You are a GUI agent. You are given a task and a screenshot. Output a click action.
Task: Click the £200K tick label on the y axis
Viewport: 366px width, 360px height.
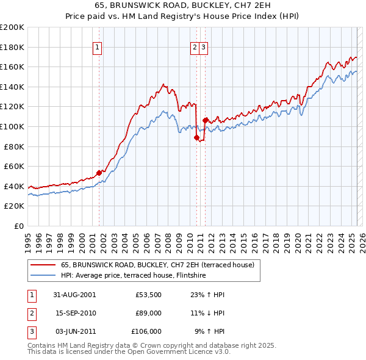click(x=12, y=27)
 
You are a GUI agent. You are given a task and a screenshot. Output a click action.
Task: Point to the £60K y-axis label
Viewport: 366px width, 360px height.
click(x=14, y=166)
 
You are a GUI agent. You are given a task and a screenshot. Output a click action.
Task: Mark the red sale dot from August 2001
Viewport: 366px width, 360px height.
click(x=99, y=173)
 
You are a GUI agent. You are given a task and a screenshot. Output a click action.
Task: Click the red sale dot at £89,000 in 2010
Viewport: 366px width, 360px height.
click(x=196, y=137)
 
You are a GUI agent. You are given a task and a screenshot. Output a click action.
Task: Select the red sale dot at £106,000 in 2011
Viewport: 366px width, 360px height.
click(x=205, y=120)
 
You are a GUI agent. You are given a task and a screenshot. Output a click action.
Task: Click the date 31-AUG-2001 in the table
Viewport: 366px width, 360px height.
click(x=74, y=294)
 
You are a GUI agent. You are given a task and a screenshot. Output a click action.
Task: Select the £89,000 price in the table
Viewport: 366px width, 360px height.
click(x=146, y=312)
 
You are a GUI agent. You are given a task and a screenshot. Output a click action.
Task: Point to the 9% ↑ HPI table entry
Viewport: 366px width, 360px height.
click(x=209, y=331)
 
